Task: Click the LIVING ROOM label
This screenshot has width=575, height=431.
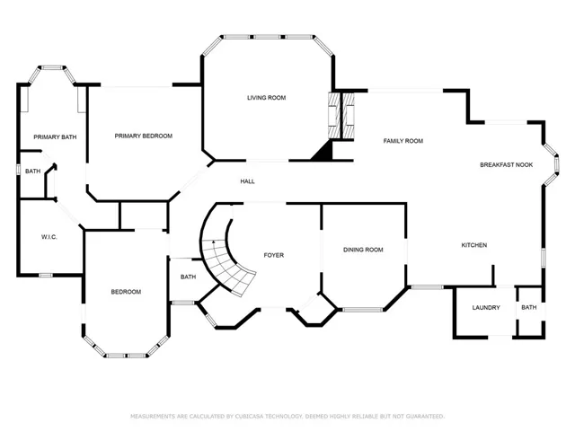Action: [x=266, y=98]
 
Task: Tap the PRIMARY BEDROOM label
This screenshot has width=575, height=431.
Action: [x=144, y=136]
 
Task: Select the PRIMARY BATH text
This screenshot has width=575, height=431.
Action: [x=55, y=137]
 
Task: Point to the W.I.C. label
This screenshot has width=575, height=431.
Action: [x=49, y=237]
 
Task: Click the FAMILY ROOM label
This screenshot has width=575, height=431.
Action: [x=403, y=141]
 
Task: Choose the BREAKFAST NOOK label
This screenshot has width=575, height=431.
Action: [x=507, y=165]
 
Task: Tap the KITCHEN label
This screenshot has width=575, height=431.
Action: [x=474, y=245]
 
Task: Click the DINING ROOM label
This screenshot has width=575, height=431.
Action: [x=363, y=250]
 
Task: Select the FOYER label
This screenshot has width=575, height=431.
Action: [x=274, y=255]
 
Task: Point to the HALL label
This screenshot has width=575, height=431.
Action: [x=248, y=181]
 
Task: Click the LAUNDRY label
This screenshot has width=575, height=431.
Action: [x=486, y=307]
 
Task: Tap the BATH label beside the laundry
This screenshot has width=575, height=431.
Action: [x=529, y=307]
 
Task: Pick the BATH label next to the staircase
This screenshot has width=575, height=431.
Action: [x=188, y=277]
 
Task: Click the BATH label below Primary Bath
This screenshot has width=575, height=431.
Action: [x=32, y=172]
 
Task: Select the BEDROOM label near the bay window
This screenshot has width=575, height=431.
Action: [x=126, y=292]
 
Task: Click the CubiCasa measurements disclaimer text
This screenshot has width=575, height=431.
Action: [x=287, y=417]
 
